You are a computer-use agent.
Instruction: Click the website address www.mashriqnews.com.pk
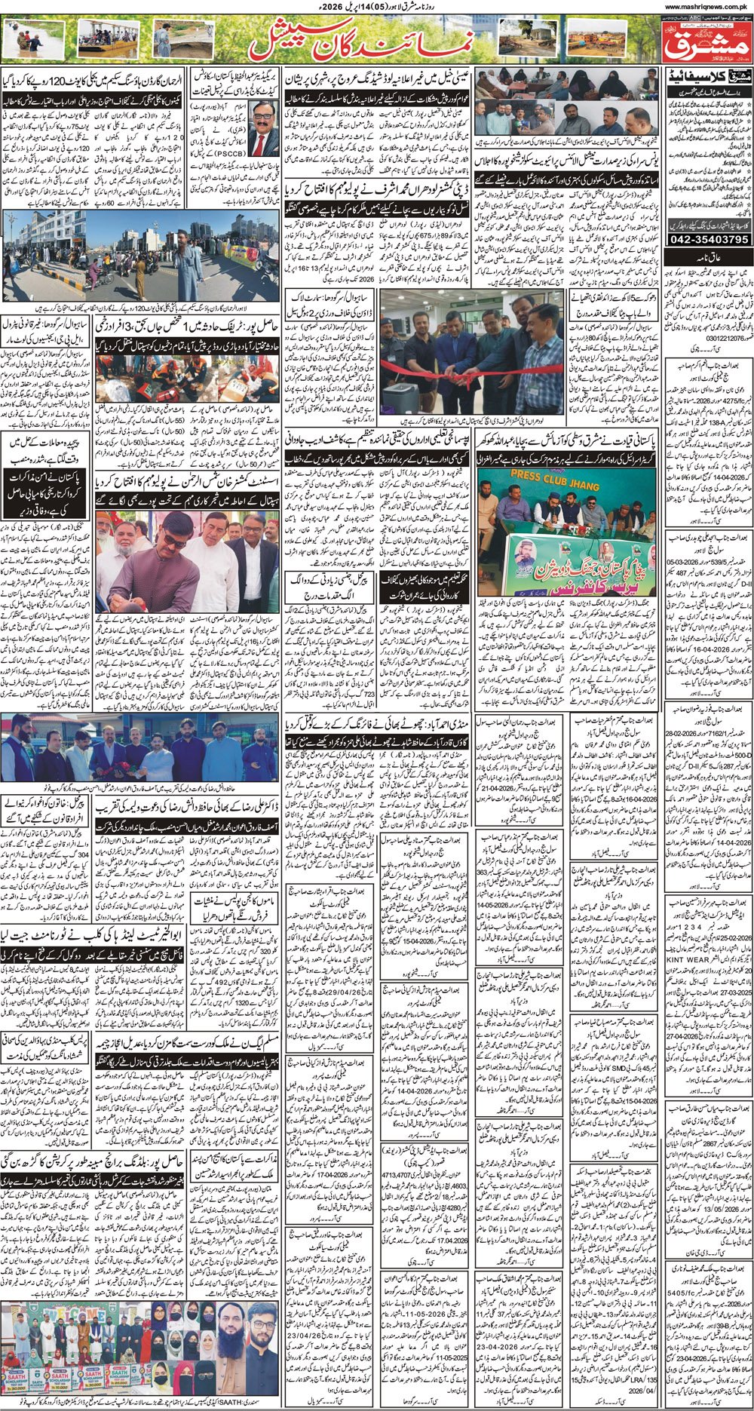pyautogui.click(x=709, y=7)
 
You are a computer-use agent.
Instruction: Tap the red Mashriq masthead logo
pyautogui.click(x=707, y=42)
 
